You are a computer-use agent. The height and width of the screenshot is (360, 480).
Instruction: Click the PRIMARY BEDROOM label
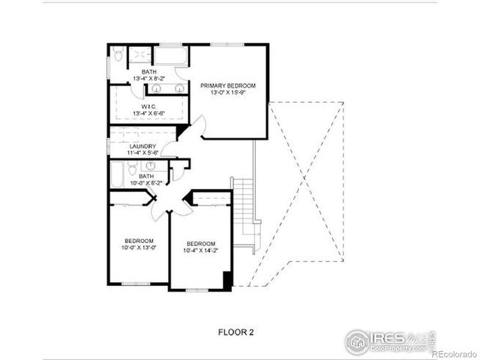click(x=228, y=86)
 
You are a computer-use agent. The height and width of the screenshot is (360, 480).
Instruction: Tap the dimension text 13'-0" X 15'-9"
click(x=228, y=94)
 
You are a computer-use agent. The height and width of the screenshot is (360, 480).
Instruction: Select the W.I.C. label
click(x=148, y=106)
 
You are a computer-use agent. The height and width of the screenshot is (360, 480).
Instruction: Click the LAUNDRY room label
click(x=142, y=146)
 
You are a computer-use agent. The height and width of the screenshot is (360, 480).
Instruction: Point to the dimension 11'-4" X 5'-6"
click(x=142, y=154)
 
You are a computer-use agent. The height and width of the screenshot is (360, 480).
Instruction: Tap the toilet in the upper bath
click(x=118, y=55)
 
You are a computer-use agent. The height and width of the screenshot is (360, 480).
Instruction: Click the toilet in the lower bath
click(x=132, y=169)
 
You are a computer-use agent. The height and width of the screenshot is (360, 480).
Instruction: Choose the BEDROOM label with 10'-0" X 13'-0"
click(x=138, y=241)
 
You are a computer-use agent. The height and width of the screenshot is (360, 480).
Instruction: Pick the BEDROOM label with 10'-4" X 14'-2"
click(x=201, y=244)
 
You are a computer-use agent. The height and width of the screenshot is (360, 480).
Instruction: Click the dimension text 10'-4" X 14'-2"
click(x=201, y=251)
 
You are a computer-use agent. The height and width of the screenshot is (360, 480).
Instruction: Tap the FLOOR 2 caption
click(x=236, y=330)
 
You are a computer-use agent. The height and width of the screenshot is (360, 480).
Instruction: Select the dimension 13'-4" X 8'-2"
click(x=148, y=79)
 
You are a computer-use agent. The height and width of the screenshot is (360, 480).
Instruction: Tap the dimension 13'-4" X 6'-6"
click(x=148, y=113)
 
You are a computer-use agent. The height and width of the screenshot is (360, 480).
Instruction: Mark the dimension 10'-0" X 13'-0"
click(x=138, y=248)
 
